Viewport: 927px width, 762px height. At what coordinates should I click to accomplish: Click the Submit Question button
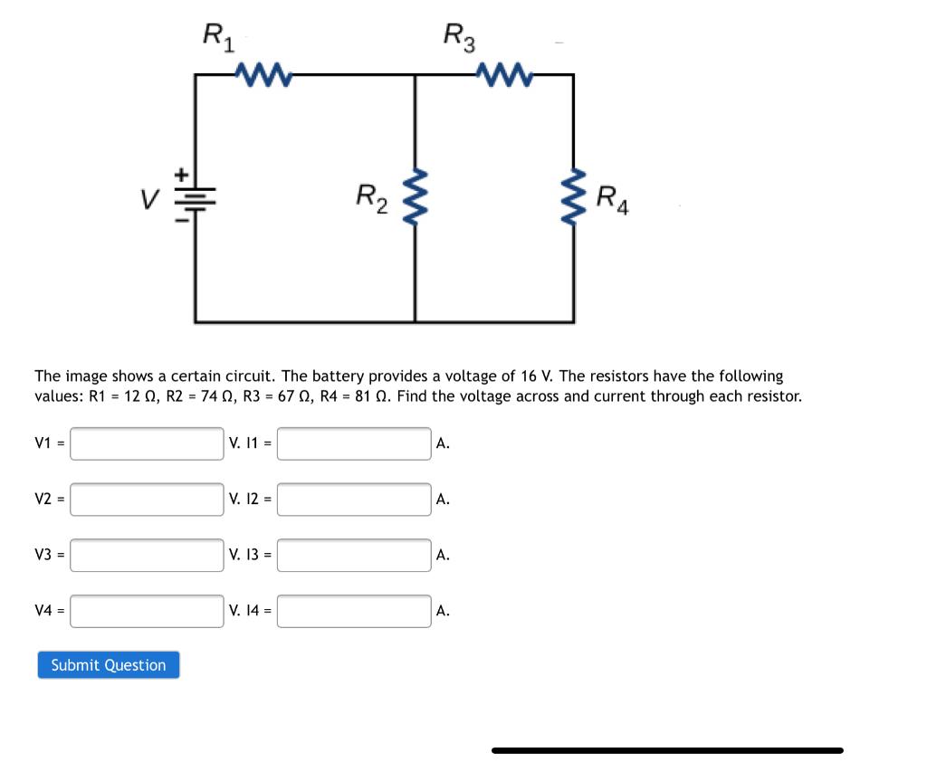point(109,665)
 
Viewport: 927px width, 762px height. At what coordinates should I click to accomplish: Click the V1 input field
point(147,443)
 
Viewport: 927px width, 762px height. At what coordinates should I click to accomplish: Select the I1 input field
point(354,443)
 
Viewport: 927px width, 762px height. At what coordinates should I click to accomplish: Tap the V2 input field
point(147,500)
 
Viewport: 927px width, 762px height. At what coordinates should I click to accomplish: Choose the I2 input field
point(354,500)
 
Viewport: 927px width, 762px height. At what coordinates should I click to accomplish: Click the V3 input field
point(147,555)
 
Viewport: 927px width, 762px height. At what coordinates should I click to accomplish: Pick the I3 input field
point(354,555)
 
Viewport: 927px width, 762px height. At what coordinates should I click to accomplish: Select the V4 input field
point(147,611)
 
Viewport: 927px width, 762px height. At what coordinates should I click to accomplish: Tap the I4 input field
point(354,611)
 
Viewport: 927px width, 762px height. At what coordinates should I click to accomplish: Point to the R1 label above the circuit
point(217,37)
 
